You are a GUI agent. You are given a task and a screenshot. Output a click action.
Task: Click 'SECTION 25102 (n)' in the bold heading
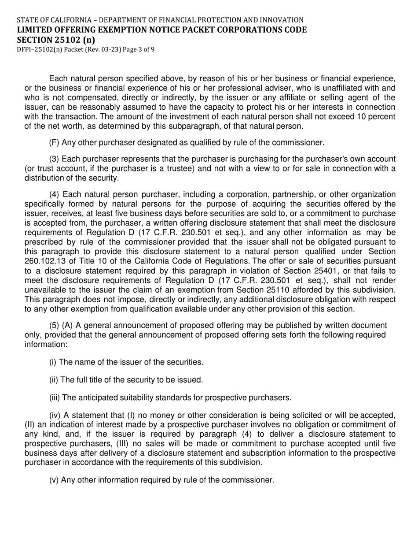(56, 39)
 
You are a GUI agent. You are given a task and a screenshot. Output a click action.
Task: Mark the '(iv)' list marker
(55, 415)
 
